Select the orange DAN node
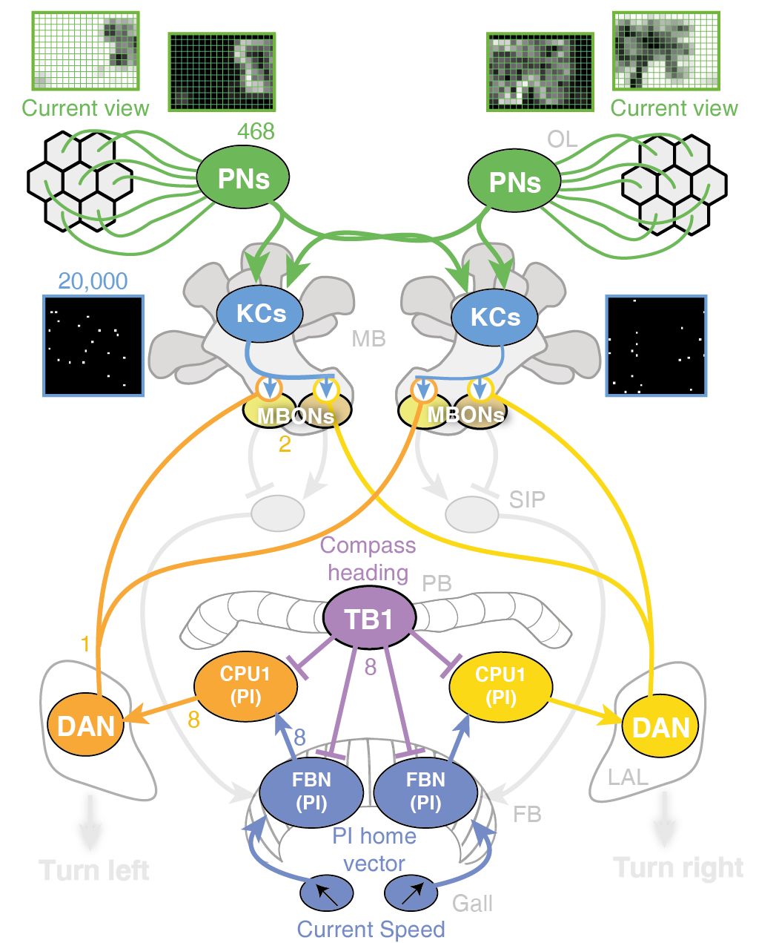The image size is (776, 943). tap(86, 726)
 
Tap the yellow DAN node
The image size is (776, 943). tap(660, 726)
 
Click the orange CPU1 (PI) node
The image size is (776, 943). tap(245, 686)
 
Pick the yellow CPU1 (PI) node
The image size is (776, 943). tap(501, 686)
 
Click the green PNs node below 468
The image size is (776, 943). tap(243, 177)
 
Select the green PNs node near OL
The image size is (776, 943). tap(514, 180)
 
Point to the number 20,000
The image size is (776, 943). tap(93, 281)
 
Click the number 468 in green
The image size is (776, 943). tap(256, 131)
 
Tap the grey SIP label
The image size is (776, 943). tap(527, 499)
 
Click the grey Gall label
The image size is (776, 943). tap(472, 904)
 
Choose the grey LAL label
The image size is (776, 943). tap(628, 778)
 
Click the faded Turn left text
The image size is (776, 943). tap(94, 871)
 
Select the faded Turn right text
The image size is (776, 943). tap(678, 868)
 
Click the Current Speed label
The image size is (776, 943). tap(371, 930)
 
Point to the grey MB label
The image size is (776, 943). tap(368, 339)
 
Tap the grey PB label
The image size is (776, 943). tap(437, 583)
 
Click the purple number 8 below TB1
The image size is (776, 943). tap(371, 666)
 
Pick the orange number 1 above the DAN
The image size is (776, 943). tap(84, 643)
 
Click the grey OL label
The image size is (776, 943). tap(562, 139)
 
